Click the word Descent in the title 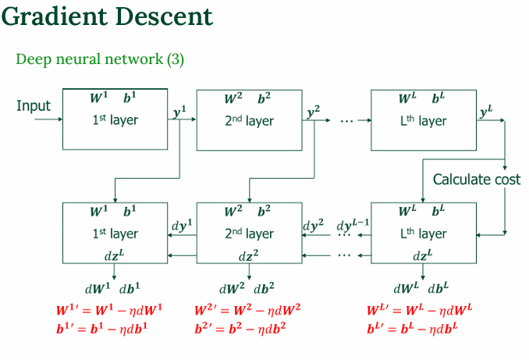click(x=165, y=16)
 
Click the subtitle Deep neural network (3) click(x=100, y=59)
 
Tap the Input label click(x=34, y=106)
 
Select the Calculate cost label click(x=477, y=180)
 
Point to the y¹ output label click(x=179, y=112)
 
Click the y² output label click(x=314, y=112)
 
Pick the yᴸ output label click(x=486, y=112)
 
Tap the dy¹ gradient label click(x=182, y=225)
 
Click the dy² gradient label click(x=314, y=225)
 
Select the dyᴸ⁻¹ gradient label click(x=353, y=225)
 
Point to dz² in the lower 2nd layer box click(x=248, y=256)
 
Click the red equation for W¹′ click(x=109, y=310)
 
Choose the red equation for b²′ click(x=240, y=328)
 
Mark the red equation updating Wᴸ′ click(x=419, y=310)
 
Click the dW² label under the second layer click(x=232, y=288)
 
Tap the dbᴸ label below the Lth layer click(x=438, y=288)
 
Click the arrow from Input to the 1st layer click(x=48, y=119)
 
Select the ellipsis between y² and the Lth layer click(x=346, y=120)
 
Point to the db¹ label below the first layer click(x=130, y=288)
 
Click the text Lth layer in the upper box click(x=423, y=120)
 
